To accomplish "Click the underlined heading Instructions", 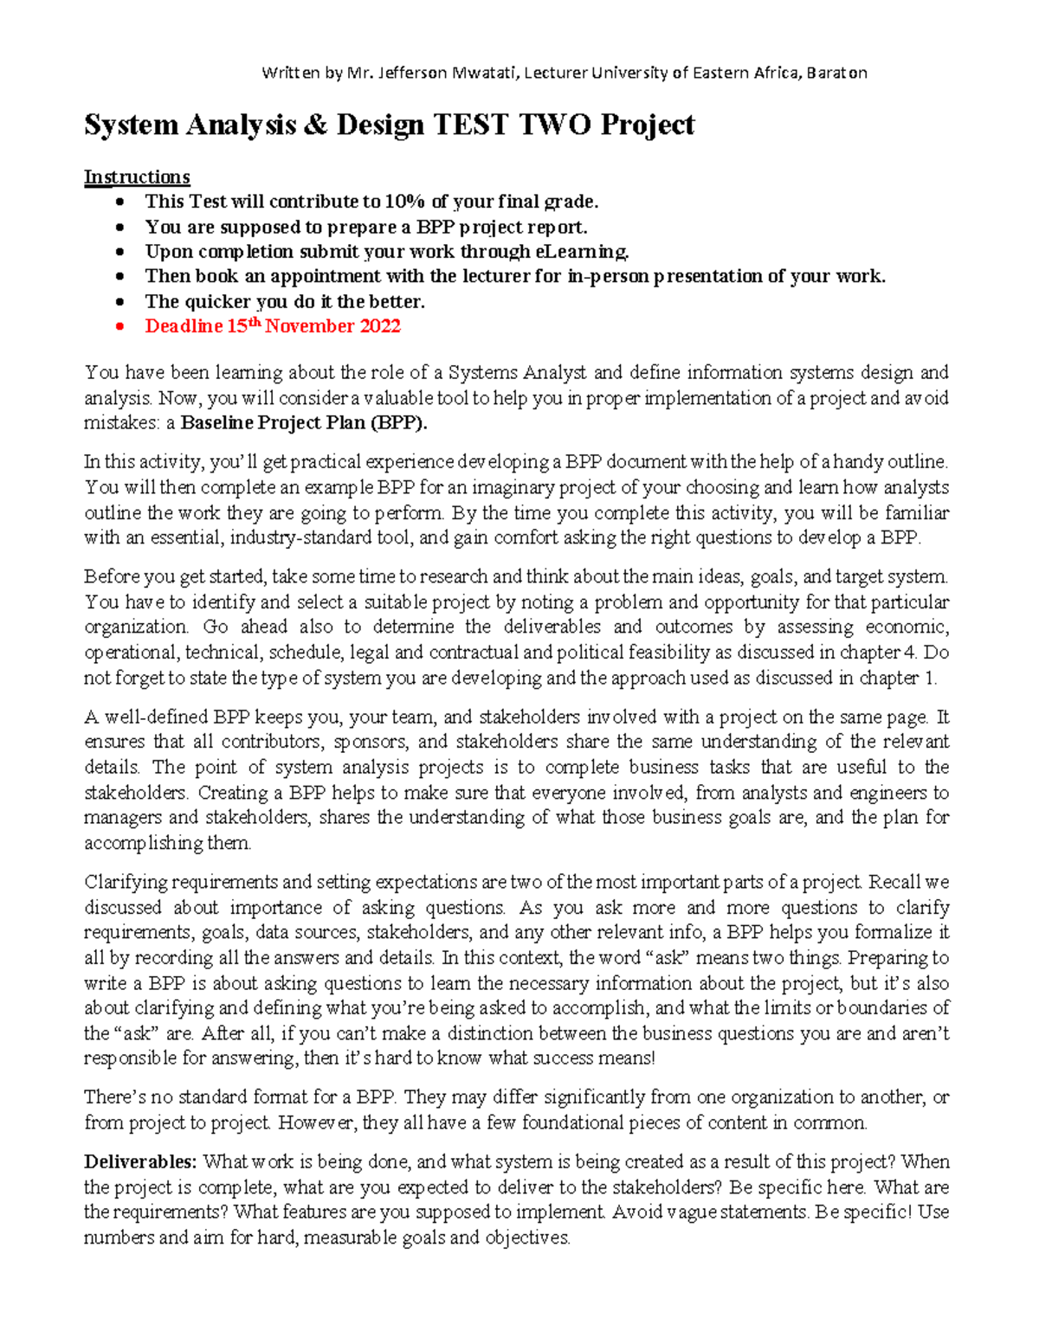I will [x=137, y=177].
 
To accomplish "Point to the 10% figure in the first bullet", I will [x=406, y=202].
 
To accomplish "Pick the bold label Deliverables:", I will [x=140, y=1162].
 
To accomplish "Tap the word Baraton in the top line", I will [x=836, y=73].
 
